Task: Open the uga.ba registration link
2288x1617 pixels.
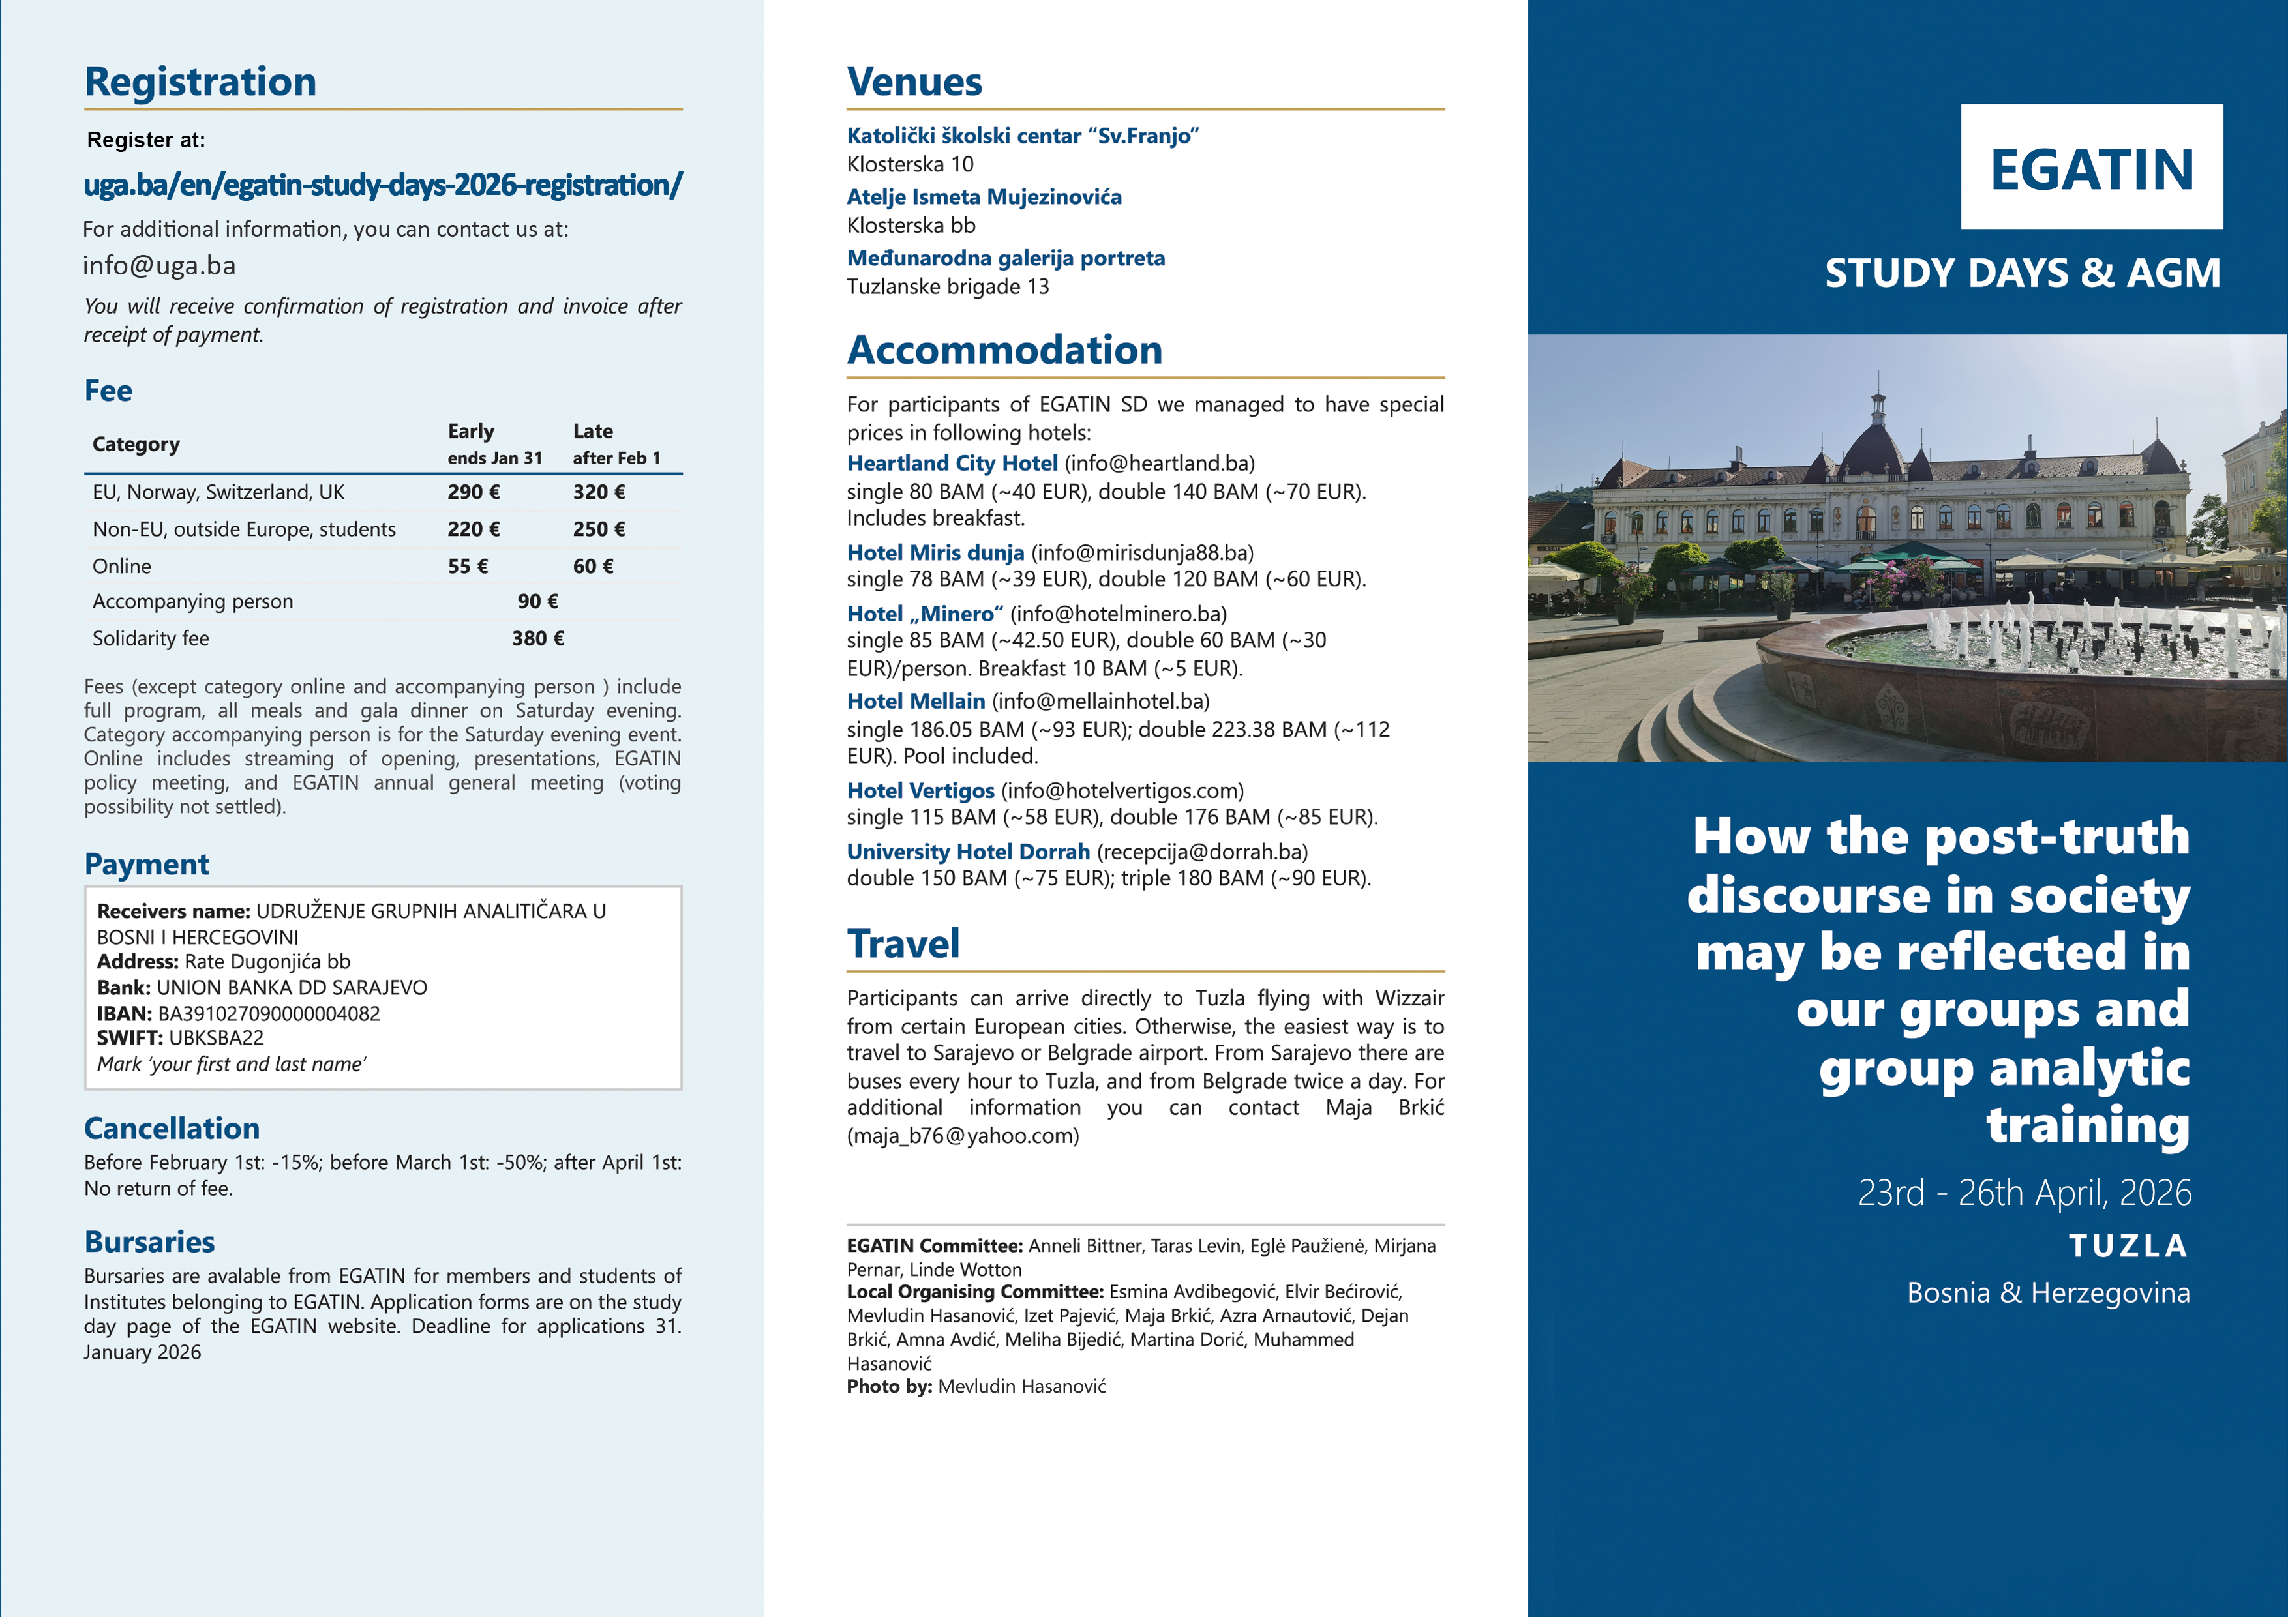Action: coord(383,185)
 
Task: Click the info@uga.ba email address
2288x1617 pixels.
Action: coord(159,266)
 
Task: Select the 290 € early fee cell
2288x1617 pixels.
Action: coord(474,492)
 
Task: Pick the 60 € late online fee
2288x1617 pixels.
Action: coord(593,566)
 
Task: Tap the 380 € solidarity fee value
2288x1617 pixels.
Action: coord(538,638)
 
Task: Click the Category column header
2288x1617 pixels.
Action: coord(136,445)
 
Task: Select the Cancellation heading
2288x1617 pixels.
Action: coord(172,1129)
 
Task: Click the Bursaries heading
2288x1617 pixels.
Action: coord(149,1242)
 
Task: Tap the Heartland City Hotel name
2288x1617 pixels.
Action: coord(952,464)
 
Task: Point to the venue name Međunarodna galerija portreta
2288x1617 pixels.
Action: coord(1006,259)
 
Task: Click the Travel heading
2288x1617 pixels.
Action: coord(903,945)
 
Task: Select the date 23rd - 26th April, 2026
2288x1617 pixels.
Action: coord(2024,1193)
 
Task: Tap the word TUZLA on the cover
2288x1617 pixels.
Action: coord(2129,1247)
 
